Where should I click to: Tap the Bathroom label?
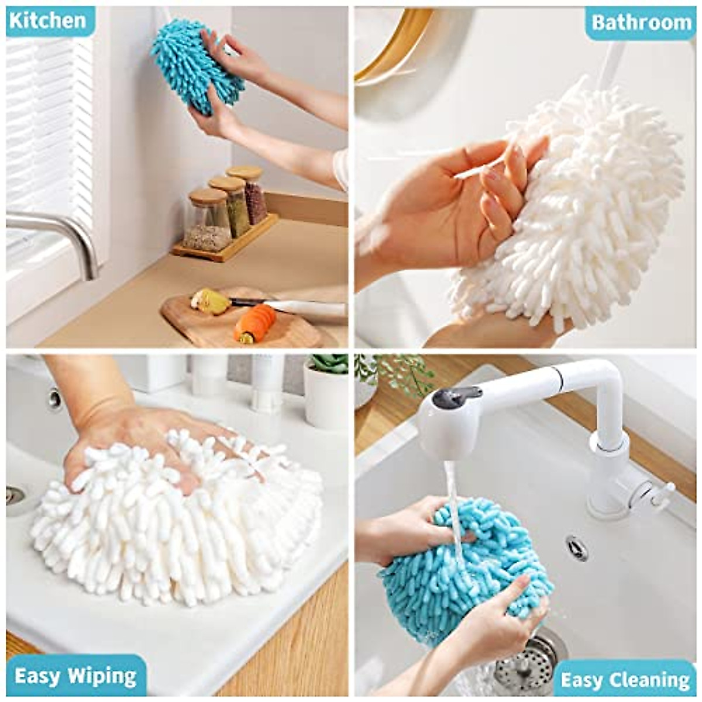tap(641, 22)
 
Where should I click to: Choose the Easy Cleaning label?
tap(625, 680)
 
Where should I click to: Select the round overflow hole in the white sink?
tap(577, 547)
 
